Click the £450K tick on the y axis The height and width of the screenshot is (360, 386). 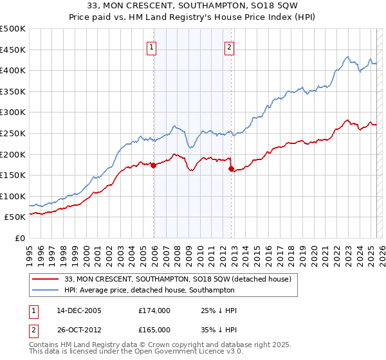(x=13, y=50)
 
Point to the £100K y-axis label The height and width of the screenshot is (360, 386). (x=13, y=196)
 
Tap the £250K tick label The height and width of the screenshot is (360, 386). (x=13, y=133)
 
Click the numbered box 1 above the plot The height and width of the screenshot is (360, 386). (x=152, y=46)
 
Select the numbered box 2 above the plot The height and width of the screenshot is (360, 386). (x=230, y=46)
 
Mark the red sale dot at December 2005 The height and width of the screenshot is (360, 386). (x=154, y=165)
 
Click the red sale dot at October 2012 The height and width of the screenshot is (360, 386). (x=232, y=169)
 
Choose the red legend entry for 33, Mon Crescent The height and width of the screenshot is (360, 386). (x=178, y=279)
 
